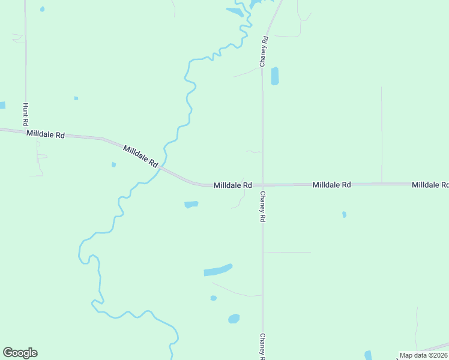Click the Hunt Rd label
click(26, 113)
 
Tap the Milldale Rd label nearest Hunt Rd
click(46, 135)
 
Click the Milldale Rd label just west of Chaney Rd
click(232, 185)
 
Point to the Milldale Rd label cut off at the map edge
click(430, 185)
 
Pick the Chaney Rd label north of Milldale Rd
click(263, 50)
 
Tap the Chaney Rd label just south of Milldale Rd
click(262, 207)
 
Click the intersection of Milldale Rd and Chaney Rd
click(262, 185)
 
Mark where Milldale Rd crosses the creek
click(162, 167)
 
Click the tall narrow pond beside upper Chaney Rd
click(275, 76)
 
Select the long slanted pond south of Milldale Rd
click(217, 270)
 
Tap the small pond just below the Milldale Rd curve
click(191, 205)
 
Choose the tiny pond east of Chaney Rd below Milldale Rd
click(344, 214)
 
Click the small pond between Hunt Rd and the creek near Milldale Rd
click(113, 164)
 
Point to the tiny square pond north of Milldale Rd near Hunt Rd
click(76, 98)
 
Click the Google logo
click(20, 353)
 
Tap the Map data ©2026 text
click(424, 355)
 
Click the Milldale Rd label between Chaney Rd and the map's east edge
click(331, 185)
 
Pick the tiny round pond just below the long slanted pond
click(213, 298)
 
